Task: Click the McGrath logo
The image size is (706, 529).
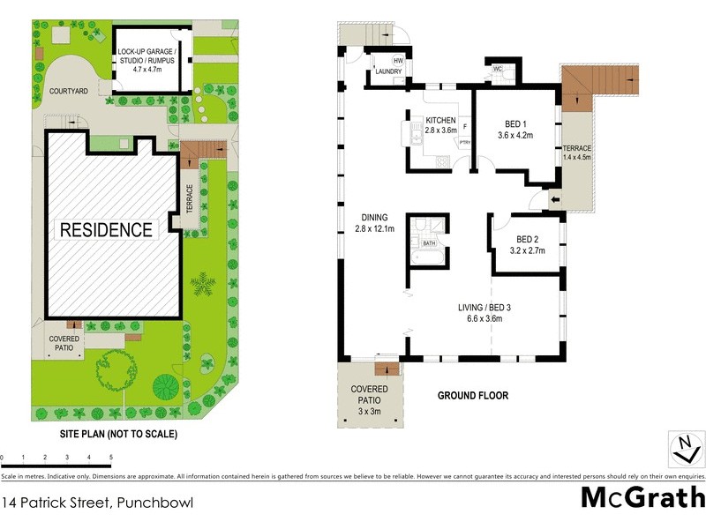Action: click(x=642, y=496)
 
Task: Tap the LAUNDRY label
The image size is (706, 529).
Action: click(x=388, y=72)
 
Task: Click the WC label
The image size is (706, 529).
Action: click(x=497, y=68)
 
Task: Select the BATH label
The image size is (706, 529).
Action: click(x=429, y=243)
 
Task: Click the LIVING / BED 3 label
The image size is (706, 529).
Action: click(x=484, y=313)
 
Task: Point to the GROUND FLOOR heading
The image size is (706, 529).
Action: click(x=473, y=396)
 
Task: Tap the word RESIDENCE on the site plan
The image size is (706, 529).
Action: click(x=106, y=230)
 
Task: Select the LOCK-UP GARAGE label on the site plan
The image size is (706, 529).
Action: click(x=148, y=57)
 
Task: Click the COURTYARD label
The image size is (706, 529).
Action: click(x=68, y=91)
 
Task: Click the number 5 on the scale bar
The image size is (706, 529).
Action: click(x=111, y=457)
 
